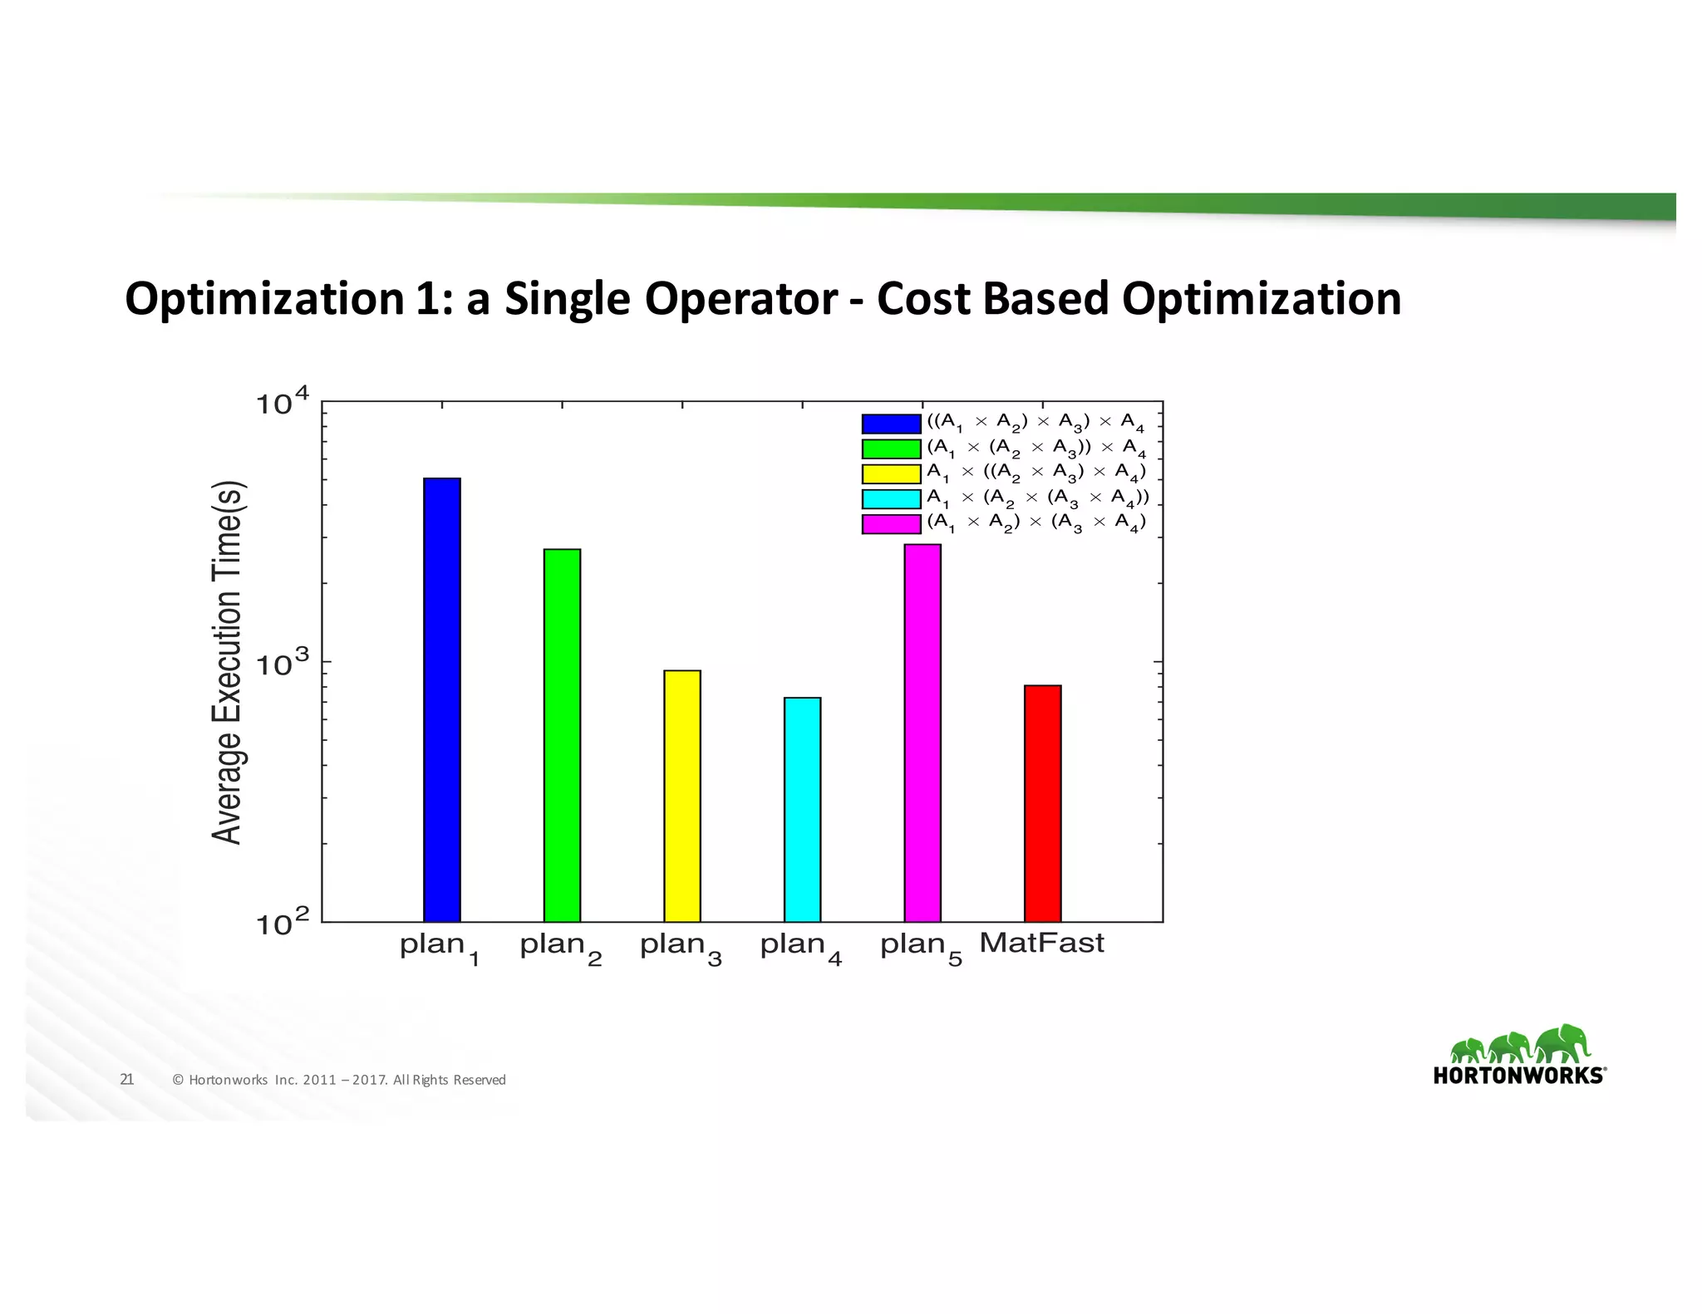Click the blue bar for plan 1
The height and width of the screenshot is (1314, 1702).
(441, 699)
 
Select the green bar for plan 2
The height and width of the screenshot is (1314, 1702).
(562, 735)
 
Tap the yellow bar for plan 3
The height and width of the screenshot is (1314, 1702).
(682, 796)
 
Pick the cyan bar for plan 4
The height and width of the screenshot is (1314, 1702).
(802, 809)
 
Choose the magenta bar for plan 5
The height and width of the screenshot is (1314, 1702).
(922, 733)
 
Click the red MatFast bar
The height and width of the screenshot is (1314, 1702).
(1042, 803)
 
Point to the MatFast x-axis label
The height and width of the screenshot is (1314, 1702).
(1041, 944)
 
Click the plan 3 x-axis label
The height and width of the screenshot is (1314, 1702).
(681, 948)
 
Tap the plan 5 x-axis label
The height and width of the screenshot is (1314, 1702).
(921, 948)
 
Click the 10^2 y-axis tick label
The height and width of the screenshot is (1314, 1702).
(281, 923)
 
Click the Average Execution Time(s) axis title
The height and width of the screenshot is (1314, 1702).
(226, 662)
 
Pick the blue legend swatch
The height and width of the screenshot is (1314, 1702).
(891, 424)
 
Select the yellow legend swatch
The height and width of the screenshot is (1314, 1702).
(891, 473)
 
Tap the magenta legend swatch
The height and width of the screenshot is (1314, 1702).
(891, 523)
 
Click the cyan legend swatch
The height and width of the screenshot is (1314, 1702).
(891, 498)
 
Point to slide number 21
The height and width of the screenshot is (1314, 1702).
(127, 1079)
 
